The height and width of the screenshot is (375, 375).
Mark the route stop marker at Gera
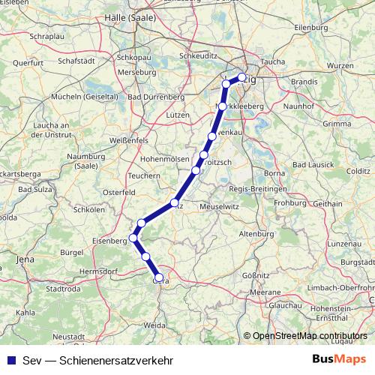click(x=158, y=277)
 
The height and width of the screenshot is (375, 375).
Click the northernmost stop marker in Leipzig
click(x=241, y=76)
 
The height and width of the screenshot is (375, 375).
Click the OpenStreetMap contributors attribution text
click(x=309, y=336)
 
